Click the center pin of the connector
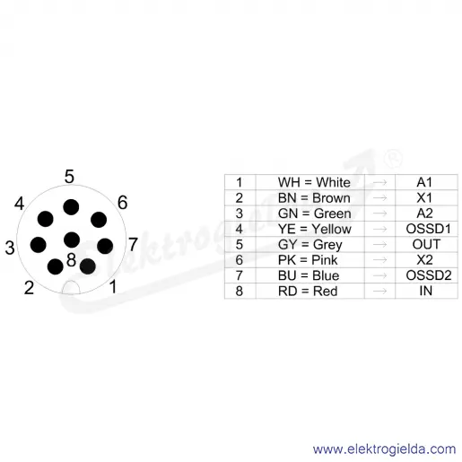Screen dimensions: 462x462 point(72,240)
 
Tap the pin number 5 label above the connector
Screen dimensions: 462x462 point(69,177)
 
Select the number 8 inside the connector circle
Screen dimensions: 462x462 point(71,259)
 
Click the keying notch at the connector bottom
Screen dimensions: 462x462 point(71,288)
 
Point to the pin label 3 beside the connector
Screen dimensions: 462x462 point(10,248)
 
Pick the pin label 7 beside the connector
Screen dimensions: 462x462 point(133,244)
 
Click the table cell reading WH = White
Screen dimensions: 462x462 point(314,182)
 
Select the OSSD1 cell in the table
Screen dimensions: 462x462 point(428,229)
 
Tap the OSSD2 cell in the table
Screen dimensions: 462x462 point(429,275)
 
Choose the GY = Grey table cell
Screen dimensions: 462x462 point(309,245)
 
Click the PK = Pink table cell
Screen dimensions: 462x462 point(308,260)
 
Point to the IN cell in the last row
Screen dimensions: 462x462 point(426,291)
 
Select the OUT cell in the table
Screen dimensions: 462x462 point(426,244)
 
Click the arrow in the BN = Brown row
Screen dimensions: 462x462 point(379,197)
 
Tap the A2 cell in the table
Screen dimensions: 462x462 point(424,214)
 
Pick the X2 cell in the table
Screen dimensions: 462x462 point(424,260)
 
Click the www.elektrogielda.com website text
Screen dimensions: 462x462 point(384,449)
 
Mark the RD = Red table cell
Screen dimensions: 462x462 point(308,291)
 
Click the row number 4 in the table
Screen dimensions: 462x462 point(239,229)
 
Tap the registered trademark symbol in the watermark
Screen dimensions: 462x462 point(393,160)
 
